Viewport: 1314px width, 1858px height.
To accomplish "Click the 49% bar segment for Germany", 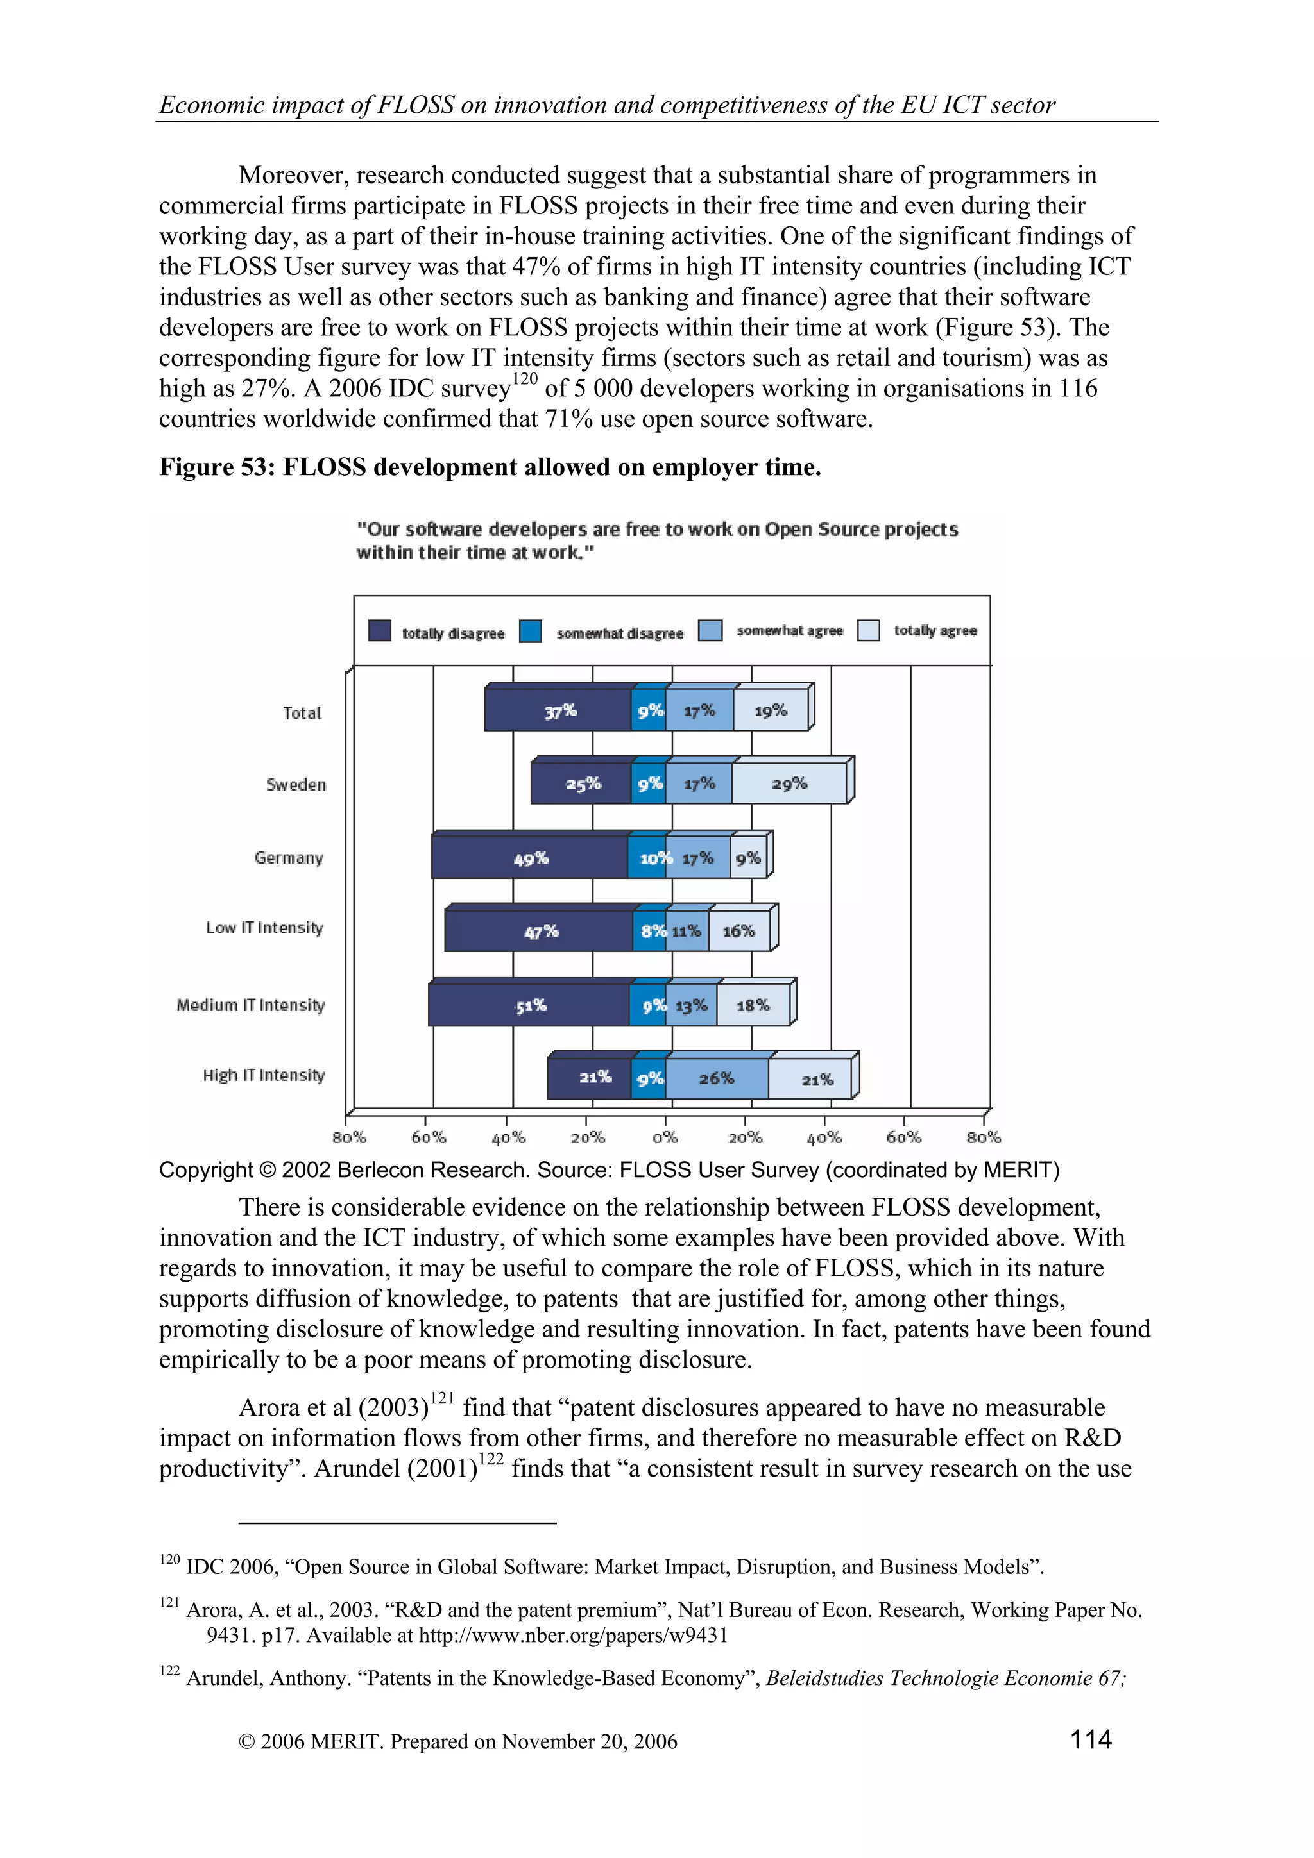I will click(x=531, y=858).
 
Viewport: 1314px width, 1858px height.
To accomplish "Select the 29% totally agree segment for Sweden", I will click(x=789, y=783).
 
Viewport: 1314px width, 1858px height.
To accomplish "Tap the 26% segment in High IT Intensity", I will click(x=717, y=1078).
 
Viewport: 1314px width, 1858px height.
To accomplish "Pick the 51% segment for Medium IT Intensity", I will click(x=531, y=1005).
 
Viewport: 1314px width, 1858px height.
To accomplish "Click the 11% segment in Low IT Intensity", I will click(x=687, y=931).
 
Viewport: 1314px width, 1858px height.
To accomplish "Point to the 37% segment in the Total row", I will click(x=559, y=711).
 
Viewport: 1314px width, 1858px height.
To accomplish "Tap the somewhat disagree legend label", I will click(x=619, y=633).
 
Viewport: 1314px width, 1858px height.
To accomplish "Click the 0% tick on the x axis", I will click(x=665, y=1137).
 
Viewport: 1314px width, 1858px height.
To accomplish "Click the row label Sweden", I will click(x=296, y=784).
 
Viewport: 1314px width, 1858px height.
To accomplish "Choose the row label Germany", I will click(x=288, y=858).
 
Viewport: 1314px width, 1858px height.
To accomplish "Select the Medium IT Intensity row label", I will click(x=250, y=1005).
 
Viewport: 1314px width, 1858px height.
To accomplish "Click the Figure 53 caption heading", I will click(x=490, y=467).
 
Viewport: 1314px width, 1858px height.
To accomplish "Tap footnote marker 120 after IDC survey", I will click(x=525, y=379).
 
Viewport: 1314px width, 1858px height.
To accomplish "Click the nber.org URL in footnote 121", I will click(x=572, y=1635).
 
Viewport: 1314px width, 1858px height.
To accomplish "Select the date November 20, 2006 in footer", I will click(x=588, y=1741).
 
